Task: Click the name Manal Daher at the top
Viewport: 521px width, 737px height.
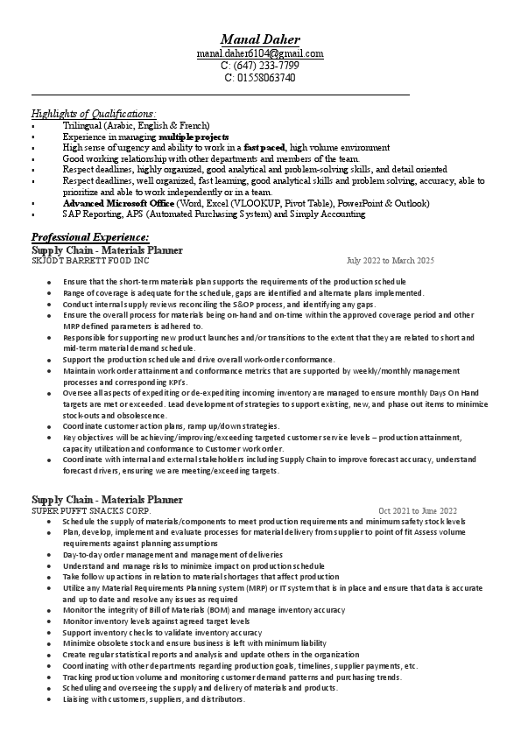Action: click(260, 40)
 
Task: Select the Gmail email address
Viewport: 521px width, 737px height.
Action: click(260, 54)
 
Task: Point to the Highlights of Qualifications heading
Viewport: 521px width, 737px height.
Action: click(94, 114)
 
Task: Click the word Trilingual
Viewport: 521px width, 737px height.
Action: click(81, 126)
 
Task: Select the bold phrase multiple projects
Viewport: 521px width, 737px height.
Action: click(194, 137)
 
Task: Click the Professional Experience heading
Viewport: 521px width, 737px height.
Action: click(90, 237)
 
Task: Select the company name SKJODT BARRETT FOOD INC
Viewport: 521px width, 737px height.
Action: click(90, 261)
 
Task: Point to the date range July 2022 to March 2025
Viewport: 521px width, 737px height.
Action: click(390, 261)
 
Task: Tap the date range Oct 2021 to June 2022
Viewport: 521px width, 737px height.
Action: click(418, 510)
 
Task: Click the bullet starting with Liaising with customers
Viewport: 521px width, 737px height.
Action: click(153, 699)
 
